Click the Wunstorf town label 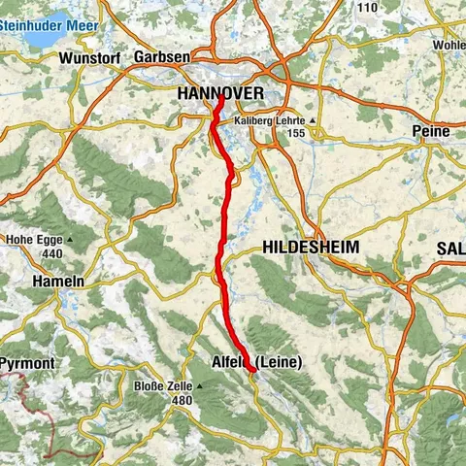pos(87,57)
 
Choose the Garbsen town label pos(162,57)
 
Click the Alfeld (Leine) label pos(256,362)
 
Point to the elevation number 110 pos(367,8)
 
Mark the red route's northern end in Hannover pos(220,96)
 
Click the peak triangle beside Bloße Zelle pos(199,385)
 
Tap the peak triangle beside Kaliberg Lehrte pos(313,119)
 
